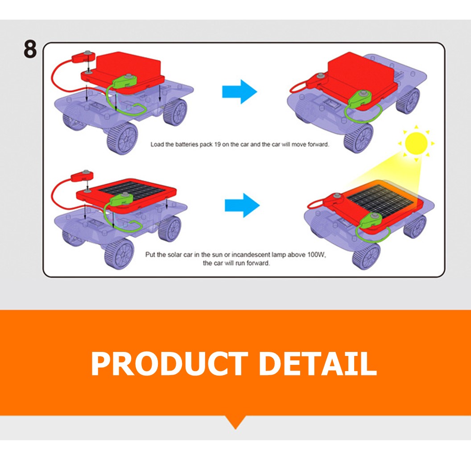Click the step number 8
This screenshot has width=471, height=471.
pyautogui.click(x=30, y=49)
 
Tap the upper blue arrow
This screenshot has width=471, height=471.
pyautogui.click(x=240, y=91)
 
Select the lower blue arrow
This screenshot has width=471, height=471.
pyautogui.click(x=242, y=206)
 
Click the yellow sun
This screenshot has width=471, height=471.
pyautogui.click(x=416, y=144)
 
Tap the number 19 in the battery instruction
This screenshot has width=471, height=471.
pyautogui.click(x=217, y=145)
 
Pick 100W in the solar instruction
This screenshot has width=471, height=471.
pyautogui.click(x=316, y=255)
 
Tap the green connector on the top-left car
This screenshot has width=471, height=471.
pyautogui.click(x=124, y=82)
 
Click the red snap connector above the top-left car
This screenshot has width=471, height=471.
pyautogui.click(x=83, y=57)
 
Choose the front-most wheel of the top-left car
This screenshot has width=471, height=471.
pyautogui.click(x=122, y=138)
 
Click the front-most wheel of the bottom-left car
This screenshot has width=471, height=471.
pyautogui.click(x=120, y=253)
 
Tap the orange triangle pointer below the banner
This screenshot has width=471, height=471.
pyautogui.click(x=235, y=421)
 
